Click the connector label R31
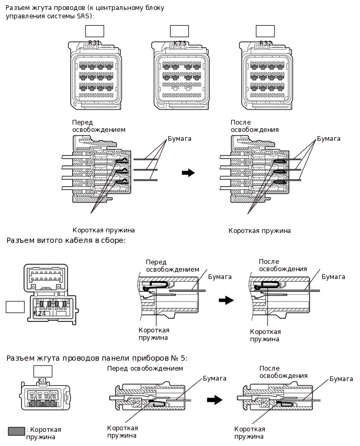[x=94, y=43]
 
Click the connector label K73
[x=179, y=43]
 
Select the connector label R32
[x=266, y=43]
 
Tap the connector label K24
[x=39, y=314]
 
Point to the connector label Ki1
[x=43, y=381]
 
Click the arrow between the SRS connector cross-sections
[x=188, y=173]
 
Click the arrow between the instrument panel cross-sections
[x=215, y=400]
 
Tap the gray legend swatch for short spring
[x=17, y=431]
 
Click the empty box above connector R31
[x=95, y=31]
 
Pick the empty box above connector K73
[x=179, y=31]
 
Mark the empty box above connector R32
[x=265, y=31]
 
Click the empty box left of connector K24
[x=15, y=307]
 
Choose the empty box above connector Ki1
[x=43, y=371]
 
